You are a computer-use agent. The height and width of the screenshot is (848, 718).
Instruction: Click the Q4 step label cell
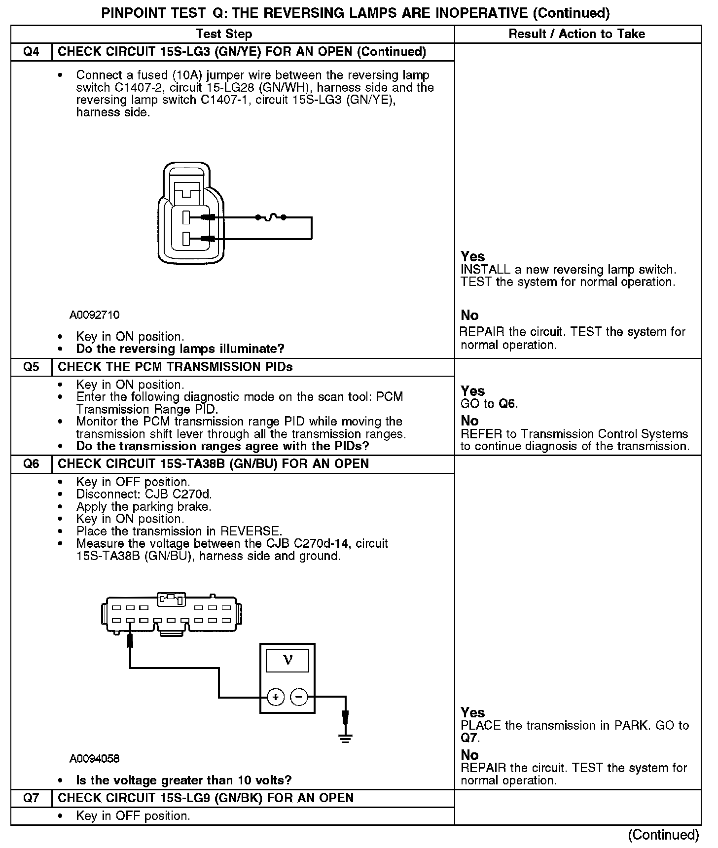pyautogui.click(x=31, y=52)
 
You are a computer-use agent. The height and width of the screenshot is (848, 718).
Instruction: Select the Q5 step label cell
pyautogui.click(x=31, y=367)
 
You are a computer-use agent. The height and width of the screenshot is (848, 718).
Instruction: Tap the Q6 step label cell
pyautogui.click(x=31, y=464)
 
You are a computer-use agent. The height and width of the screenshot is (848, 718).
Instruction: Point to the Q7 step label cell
pyautogui.click(x=31, y=798)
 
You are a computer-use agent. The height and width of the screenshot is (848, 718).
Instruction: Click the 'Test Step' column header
pyautogui.click(x=224, y=34)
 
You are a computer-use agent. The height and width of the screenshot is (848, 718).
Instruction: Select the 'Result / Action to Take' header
pyautogui.click(x=576, y=34)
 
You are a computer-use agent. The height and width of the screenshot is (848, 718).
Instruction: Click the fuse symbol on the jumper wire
pyautogui.click(x=270, y=217)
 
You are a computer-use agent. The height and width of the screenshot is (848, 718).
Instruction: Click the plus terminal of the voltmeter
pyautogui.click(x=275, y=697)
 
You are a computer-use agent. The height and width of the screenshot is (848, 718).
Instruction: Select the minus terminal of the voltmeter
pyautogui.click(x=299, y=697)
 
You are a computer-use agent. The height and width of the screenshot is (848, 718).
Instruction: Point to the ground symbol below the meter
pyautogui.click(x=345, y=738)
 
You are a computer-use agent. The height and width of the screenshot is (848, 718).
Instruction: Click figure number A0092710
pyautogui.click(x=94, y=315)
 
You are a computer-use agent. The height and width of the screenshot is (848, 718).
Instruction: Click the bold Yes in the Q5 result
pyautogui.click(x=472, y=391)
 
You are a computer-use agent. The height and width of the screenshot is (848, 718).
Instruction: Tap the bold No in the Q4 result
pyautogui.click(x=469, y=316)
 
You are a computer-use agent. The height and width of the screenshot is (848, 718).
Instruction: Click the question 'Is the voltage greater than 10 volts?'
pyautogui.click(x=184, y=780)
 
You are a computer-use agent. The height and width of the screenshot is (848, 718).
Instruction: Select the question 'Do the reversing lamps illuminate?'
pyautogui.click(x=180, y=349)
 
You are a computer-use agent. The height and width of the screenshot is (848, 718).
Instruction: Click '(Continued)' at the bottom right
pyautogui.click(x=663, y=835)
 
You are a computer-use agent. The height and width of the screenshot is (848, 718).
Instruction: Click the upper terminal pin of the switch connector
pyautogui.click(x=186, y=217)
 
